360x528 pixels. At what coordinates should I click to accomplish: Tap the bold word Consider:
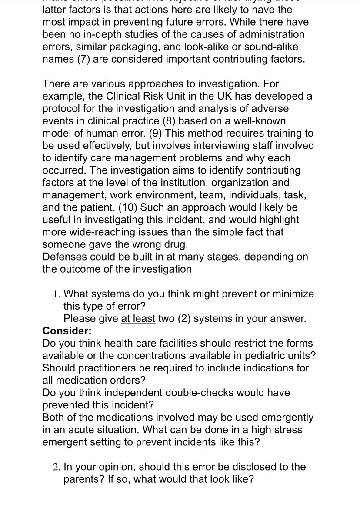point(67,331)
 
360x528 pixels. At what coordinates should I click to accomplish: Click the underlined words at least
point(138,318)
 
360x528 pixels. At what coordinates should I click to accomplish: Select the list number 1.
point(57,294)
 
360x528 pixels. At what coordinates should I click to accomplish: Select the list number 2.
point(57,467)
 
